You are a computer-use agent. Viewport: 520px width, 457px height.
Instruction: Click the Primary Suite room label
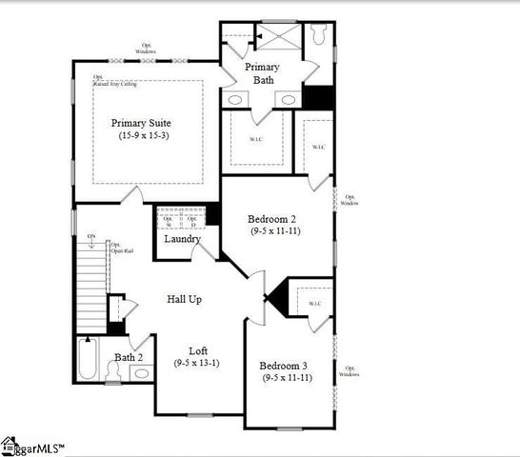click(x=141, y=123)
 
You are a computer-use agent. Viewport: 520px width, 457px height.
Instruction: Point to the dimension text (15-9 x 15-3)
click(x=141, y=136)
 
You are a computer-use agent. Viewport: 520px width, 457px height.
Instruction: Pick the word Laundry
click(x=181, y=238)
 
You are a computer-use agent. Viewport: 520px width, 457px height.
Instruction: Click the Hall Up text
click(x=185, y=299)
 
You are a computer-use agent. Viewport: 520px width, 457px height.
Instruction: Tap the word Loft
click(x=198, y=350)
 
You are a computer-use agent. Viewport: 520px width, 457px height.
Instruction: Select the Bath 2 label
click(x=129, y=357)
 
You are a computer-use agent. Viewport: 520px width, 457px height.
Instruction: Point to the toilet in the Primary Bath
click(x=319, y=34)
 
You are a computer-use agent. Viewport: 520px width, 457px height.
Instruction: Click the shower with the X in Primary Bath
click(x=278, y=36)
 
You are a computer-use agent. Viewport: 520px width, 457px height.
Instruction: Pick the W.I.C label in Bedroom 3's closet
click(x=315, y=304)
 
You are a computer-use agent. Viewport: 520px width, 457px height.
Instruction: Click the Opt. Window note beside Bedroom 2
click(x=350, y=200)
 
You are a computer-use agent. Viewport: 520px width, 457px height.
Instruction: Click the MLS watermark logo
click(x=33, y=447)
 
